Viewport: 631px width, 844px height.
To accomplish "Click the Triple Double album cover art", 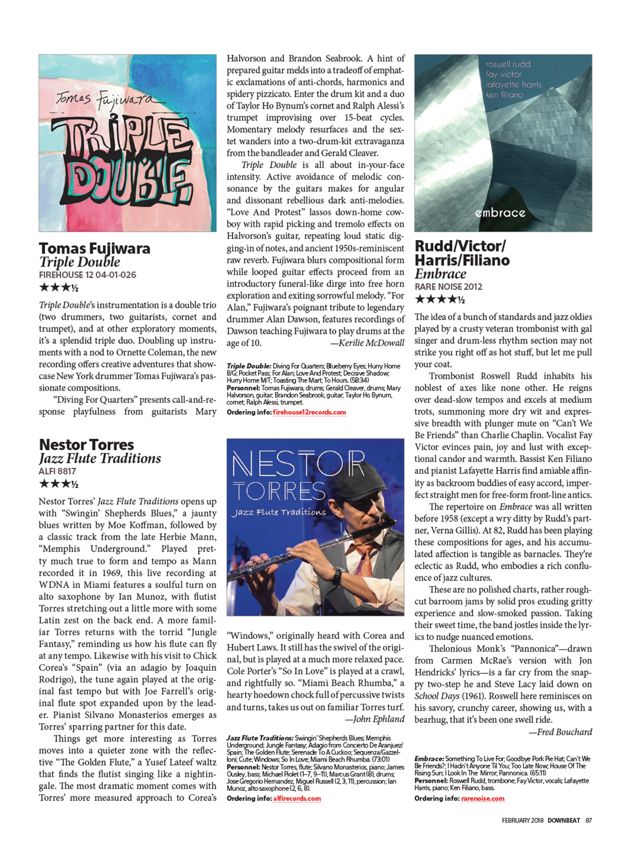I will point(127,143).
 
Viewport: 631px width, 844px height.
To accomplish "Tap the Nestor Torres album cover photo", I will point(315,527).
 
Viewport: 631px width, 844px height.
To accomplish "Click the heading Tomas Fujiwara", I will point(94,248).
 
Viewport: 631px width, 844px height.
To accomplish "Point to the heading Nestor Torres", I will point(86,445).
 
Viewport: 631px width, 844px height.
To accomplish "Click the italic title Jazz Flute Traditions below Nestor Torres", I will point(100,458).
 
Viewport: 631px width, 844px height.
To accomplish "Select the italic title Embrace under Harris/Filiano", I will point(440,274).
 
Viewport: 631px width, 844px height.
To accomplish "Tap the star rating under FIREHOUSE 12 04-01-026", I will point(58,288).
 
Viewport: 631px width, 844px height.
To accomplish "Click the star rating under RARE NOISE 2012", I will point(439,300).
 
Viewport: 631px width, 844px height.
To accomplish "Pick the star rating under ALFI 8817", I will point(58,484).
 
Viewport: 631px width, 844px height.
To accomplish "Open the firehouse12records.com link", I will point(309,412).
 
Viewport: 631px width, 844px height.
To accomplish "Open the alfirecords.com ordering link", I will point(297,799).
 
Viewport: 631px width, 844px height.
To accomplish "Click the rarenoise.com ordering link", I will point(483,799).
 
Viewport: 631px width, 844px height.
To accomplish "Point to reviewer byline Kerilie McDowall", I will point(370,343).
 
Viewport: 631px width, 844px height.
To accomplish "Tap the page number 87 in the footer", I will point(589,820).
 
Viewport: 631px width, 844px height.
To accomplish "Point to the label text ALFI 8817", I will point(57,471).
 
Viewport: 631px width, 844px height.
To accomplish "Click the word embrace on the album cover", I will point(500,212).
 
